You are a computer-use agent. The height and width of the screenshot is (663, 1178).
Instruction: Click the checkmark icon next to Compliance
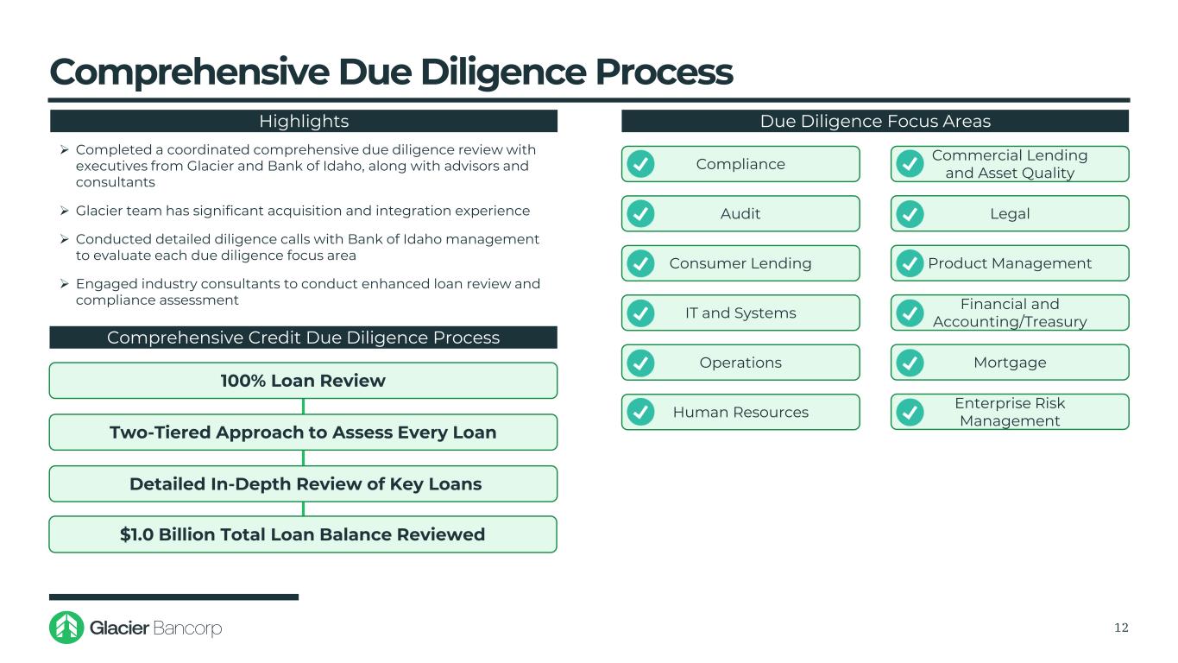(x=640, y=164)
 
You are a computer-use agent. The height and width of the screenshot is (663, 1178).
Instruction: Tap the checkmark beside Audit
(x=640, y=213)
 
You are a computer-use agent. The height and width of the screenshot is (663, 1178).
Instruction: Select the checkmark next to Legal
(x=910, y=213)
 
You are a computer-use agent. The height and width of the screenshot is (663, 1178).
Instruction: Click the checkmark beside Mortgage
(x=910, y=363)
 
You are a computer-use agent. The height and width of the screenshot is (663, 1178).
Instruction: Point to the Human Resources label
(x=740, y=413)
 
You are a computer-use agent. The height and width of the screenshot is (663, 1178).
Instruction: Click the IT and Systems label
(x=740, y=313)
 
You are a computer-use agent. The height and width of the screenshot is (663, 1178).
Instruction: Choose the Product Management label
(x=1010, y=263)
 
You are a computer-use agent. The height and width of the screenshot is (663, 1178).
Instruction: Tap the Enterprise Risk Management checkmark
(x=910, y=413)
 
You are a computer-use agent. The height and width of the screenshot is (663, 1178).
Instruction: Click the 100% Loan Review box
(x=303, y=381)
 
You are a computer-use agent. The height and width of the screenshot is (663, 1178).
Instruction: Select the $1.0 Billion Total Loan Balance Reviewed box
(x=303, y=534)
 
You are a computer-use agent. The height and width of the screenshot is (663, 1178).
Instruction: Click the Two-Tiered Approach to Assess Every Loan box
(x=303, y=433)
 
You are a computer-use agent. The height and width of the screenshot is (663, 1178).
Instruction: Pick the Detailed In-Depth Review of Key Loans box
(x=303, y=484)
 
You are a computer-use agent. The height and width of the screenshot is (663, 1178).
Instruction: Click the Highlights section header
(x=304, y=122)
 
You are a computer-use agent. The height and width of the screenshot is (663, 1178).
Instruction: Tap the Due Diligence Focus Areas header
(x=875, y=122)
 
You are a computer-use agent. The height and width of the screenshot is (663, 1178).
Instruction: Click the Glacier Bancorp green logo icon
(x=66, y=628)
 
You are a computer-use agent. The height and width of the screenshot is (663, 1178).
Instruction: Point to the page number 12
(x=1121, y=628)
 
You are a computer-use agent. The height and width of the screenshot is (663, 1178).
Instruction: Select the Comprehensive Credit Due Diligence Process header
(x=303, y=338)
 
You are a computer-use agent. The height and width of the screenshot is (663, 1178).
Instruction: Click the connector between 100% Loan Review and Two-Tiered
(x=303, y=407)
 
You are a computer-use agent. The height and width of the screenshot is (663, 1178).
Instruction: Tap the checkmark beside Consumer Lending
(x=640, y=263)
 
